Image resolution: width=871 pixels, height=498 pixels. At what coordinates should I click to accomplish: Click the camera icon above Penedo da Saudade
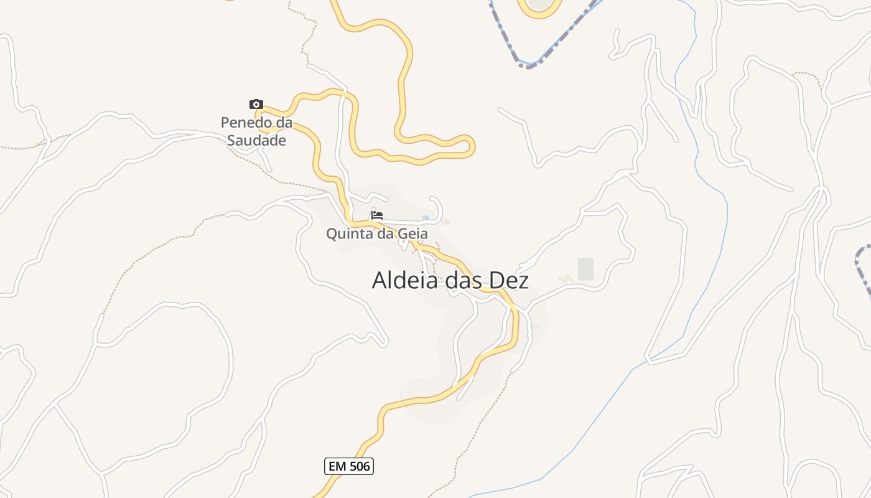256,104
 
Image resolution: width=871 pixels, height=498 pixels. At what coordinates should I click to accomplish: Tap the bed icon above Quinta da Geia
376,215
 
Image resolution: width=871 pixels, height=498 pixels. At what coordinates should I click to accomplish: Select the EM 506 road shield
349,466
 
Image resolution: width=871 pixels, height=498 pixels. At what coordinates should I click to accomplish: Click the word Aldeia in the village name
406,280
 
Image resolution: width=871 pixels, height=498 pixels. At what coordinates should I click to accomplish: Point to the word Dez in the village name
509,280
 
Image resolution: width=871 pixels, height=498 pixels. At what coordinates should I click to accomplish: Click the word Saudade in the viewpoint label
256,140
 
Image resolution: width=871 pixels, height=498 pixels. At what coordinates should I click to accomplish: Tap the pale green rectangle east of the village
585,269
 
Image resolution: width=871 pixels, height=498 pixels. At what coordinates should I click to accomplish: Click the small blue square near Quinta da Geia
426,218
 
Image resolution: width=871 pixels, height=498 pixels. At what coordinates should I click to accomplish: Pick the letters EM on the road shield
336,466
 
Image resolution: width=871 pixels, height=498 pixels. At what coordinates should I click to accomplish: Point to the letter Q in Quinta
332,234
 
